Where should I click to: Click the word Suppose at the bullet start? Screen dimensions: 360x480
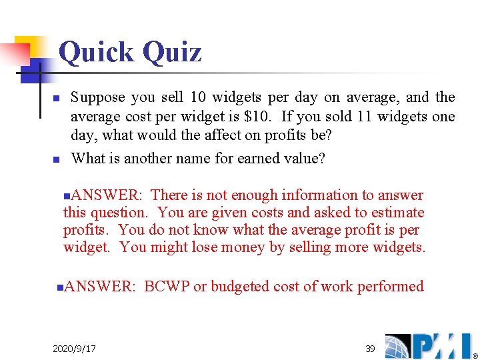pos(98,97)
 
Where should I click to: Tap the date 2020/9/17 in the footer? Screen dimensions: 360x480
pos(74,349)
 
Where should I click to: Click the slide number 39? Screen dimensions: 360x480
pos(370,348)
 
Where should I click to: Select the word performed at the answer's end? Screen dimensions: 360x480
pos(391,287)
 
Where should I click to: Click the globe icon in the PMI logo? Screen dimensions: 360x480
pos(399,346)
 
